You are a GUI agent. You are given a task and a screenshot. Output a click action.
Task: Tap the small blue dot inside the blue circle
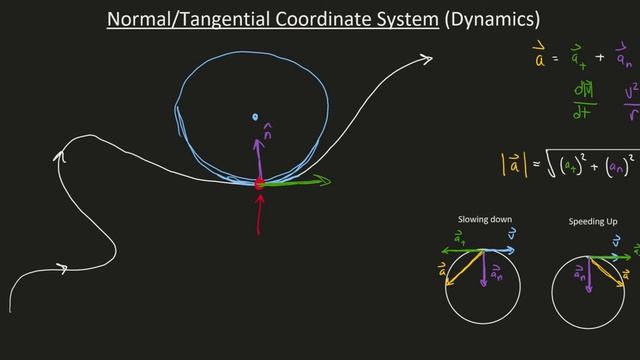click(x=257, y=117)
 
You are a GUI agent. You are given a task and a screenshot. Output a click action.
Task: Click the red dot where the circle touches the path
click(x=260, y=183)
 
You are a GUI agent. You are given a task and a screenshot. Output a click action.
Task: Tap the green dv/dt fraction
click(x=584, y=101)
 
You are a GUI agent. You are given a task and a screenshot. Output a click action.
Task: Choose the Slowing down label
click(x=484, y=219)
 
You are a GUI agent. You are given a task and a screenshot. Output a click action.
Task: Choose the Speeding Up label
click(x=592, y=220)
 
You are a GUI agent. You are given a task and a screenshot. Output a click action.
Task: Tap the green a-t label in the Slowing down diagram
click(x=459, y=237)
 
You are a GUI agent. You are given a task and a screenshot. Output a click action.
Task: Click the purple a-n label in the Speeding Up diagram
click(x=577, y=272)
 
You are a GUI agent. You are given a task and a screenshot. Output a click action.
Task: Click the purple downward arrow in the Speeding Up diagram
click(x=589, y=270)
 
